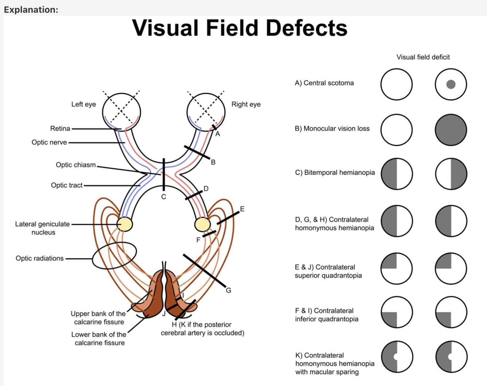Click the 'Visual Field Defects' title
239,28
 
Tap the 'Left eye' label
84,104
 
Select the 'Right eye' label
246,104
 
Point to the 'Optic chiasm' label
76,165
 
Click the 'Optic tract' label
67,185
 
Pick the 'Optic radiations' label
39,258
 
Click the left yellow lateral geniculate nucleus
124,224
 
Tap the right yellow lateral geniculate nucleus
202,224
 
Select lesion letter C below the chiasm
164,197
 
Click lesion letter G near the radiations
229,290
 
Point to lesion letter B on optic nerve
213,162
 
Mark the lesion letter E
242,209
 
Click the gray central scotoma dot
451,84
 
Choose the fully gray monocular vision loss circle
451,130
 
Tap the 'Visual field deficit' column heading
423,57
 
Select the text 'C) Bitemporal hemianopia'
335,173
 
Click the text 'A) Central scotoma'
324,83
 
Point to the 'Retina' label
60,128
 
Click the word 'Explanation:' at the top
31,10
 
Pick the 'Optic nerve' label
49,142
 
